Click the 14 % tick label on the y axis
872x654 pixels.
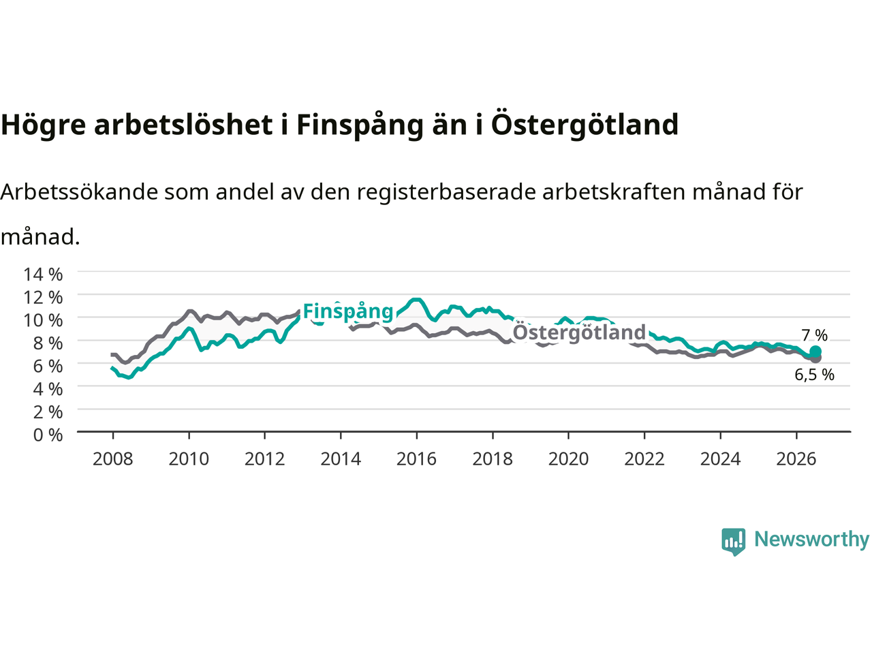(43, 275)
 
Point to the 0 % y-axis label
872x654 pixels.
(48, 435)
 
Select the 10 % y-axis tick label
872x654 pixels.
(43, 320)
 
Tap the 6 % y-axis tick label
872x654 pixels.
(48, 366)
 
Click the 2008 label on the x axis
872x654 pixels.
(113, 459)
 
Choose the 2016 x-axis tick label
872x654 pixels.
(416, 459)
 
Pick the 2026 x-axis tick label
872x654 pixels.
(796, 459)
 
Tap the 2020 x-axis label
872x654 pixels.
(568, 459)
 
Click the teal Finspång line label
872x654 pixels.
(348, 312)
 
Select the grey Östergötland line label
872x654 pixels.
(579, 332)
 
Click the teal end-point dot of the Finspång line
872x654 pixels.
(815, 352)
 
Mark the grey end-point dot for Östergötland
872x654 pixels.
(815, 358)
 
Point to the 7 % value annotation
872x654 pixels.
(814, 336)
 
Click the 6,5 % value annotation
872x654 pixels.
(814, 375)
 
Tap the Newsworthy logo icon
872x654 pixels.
(733, 542)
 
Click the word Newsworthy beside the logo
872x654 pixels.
(811, 540)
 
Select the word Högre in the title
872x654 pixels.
(44, 125)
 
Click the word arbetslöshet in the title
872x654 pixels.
(183, 124)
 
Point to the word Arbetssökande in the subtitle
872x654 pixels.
(80, 192)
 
